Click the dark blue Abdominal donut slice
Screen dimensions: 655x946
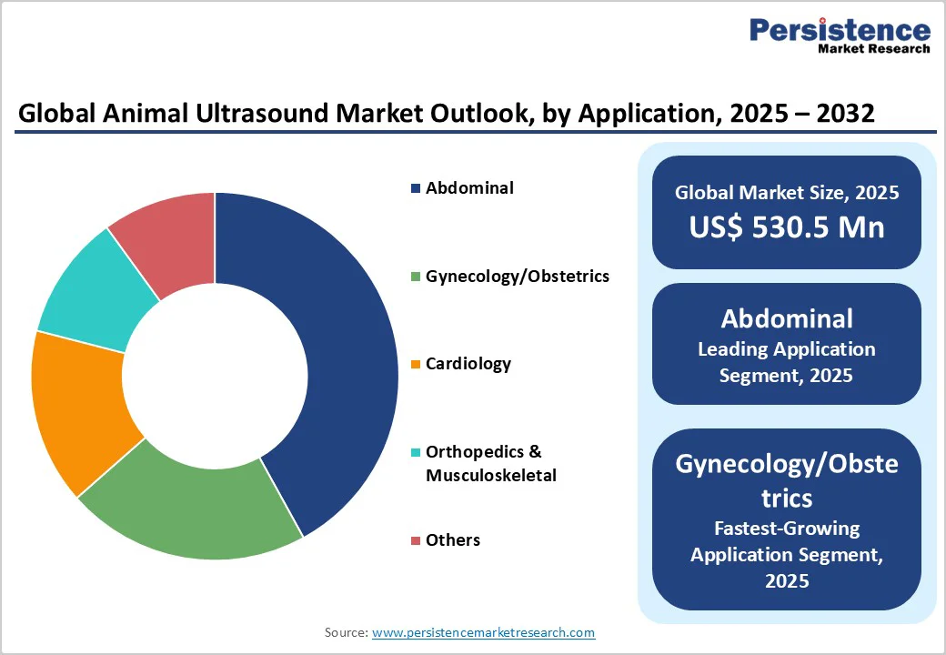pos(350,364)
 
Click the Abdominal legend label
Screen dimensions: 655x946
pos(469,188)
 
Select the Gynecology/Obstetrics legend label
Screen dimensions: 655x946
pos(517,276)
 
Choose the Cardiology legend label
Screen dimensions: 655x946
pos(468,364)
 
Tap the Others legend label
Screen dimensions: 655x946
pos(452,540)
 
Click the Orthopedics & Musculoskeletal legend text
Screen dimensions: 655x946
pos(490,463)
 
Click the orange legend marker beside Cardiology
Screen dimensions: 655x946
pos(416,365)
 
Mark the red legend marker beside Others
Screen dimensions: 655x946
pos(416,541)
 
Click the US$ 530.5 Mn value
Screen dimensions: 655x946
pos(786,227)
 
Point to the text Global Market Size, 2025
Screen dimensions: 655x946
pos(786,193)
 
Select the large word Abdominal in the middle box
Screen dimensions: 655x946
pos(786,318)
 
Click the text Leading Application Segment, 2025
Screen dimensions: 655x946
pos(786,361)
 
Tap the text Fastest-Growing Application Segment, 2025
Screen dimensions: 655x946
pos(786,553)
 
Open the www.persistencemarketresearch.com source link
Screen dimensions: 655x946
pos(483,632)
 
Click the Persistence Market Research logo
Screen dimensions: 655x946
pos(839,36)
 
